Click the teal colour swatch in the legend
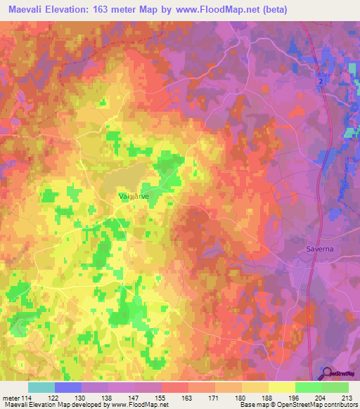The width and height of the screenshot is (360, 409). pos(41,387)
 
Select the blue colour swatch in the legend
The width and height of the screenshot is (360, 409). pos(68,387)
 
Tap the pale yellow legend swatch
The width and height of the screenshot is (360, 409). pos(282,387)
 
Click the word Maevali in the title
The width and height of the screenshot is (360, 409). pos(29,9)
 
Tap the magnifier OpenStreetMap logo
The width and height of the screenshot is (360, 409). pos(326,373)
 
